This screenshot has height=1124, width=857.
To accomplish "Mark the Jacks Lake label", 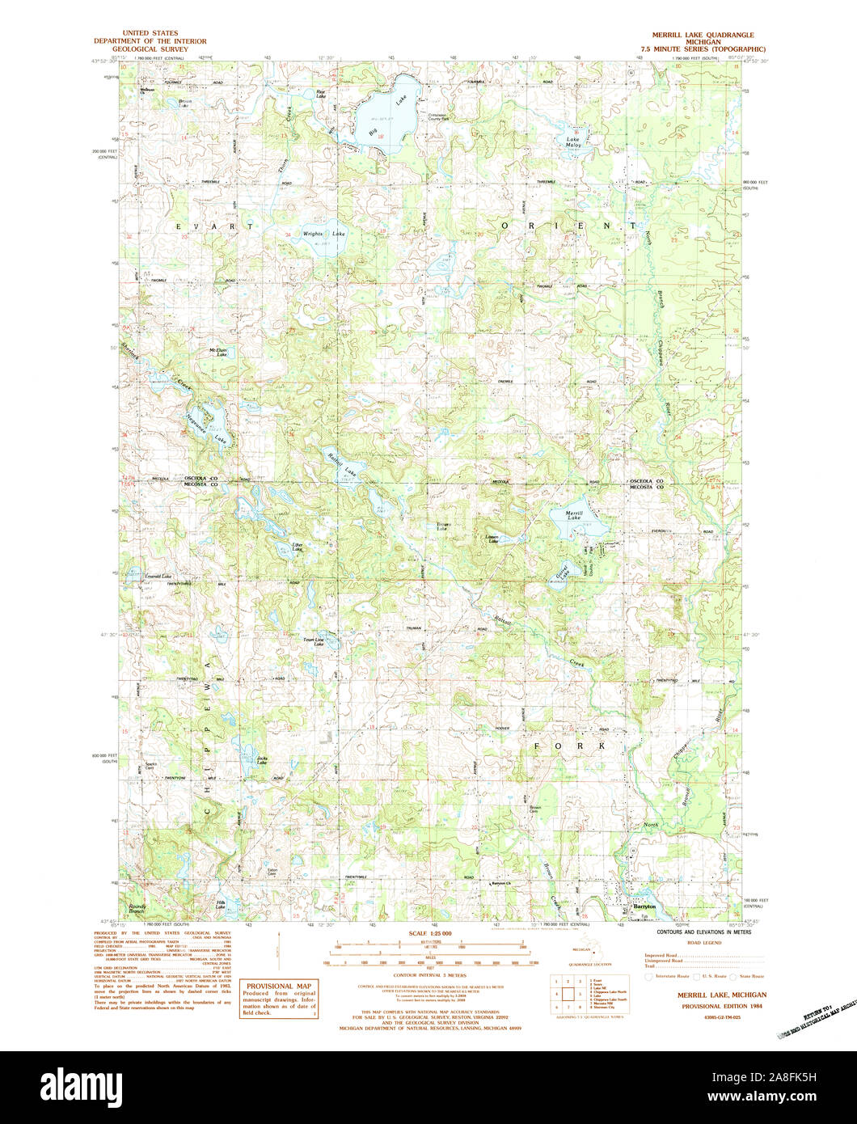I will (261, 759).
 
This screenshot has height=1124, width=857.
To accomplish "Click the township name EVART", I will (214, 228).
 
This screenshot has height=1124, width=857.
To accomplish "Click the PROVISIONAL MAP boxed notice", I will (278, 999).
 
